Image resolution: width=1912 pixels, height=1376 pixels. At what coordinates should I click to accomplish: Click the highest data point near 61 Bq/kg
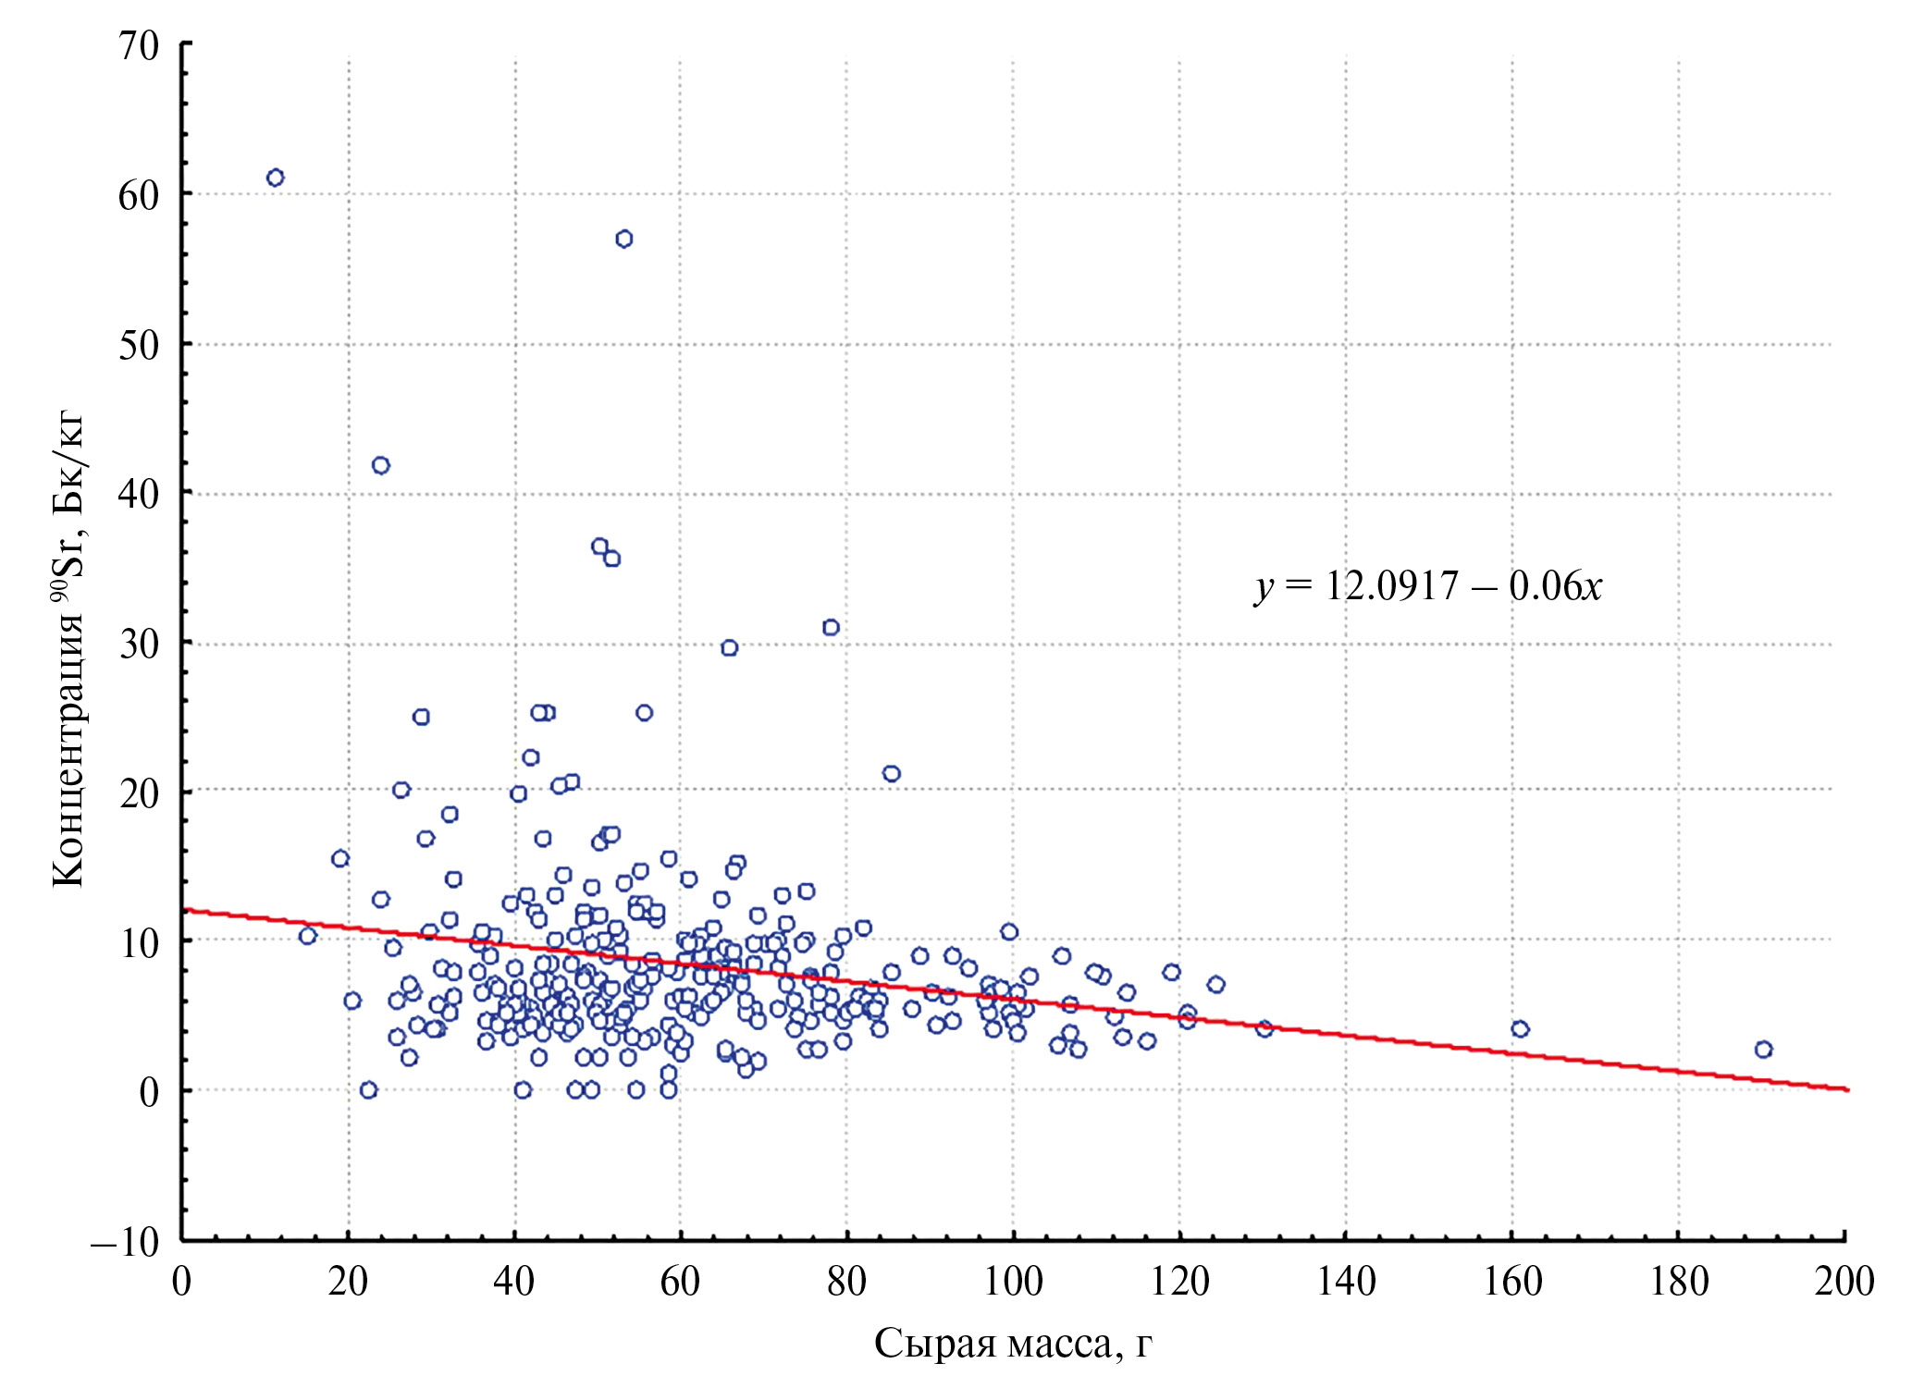tap(275, 178)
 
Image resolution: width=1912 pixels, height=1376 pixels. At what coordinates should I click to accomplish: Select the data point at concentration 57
tap(624, 239)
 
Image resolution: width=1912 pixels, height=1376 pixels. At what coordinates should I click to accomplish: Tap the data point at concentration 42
tap(381, 465)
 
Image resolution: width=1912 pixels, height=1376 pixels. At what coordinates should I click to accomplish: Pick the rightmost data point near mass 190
tap(1763, 1049)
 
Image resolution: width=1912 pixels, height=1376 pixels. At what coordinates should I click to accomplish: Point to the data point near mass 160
tap(1520, 1028)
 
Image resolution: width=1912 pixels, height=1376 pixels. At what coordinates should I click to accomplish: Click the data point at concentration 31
tap(831, 627)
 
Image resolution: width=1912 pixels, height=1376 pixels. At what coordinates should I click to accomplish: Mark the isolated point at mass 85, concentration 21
tap(892, 773)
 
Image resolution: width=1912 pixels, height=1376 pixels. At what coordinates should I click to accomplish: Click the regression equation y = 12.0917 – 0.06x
tap(1428, 586)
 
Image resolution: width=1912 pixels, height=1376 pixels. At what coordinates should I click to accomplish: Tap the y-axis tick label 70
tap(139, 45)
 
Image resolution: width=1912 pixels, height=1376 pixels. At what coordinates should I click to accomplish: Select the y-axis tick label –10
tap(125, 1242)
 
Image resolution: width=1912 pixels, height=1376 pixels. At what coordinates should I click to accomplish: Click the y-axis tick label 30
tap(139, 645)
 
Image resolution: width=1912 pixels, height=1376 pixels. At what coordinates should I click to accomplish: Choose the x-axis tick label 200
tap(1844, 1282)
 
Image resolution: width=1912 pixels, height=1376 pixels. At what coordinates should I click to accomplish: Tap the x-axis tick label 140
tap(1346, 1282)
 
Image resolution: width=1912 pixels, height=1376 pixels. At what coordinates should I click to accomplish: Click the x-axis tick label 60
tap(680, 1282)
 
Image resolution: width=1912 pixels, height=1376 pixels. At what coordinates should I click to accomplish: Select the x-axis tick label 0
tap(182, 1282)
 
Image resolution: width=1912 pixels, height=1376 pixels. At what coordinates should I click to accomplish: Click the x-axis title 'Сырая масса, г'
tap(1013, 1343)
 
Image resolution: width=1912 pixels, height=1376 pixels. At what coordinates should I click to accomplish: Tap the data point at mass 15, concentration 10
tap(308, 936)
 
